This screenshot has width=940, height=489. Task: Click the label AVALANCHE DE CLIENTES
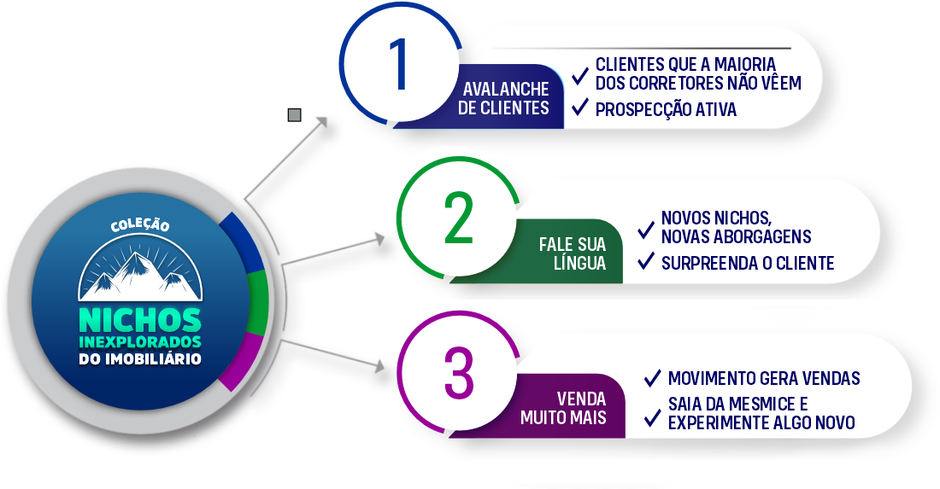point(503,99)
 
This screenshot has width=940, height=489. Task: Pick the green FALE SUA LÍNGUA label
point(572,254)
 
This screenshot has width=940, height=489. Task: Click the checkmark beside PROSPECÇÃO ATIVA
point(580,107)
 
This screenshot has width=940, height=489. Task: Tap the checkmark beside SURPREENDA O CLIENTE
point(647,261)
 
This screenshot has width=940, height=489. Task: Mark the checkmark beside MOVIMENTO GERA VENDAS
point(653,377)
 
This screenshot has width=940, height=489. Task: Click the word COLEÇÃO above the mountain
point(140,226)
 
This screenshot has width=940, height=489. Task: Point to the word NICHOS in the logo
point(140,320)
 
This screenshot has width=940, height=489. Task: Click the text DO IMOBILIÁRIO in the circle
point(140,359)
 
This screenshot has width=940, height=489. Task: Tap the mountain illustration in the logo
point(140,272)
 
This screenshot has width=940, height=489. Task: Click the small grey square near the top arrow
point(295,115)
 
